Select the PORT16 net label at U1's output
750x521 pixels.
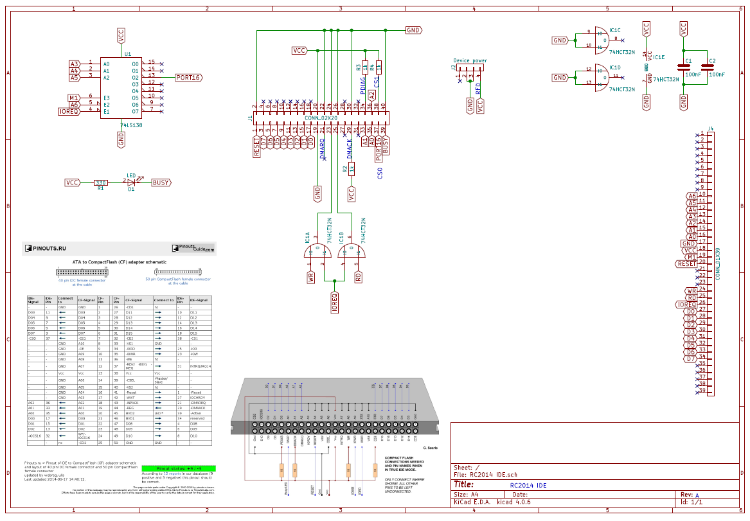pyautogui.click(x=188, y=78)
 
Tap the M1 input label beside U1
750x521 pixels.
pyautogui.click(x=74, y=98)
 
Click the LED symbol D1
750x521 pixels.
pyautogui.click(x=131, y=182)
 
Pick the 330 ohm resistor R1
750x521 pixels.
pyautogui.click(x=101, y=183)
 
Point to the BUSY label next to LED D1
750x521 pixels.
pyautogui.click(x=161, y=183)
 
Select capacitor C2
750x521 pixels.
pyautogui.click(x=708, y=67)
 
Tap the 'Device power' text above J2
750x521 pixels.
pyautogui.click(x=470, y=60)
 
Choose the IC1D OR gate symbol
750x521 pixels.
pyautogui.click(x=601, y=76)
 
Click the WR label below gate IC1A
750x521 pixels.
pyautogui.click(x=311, y=278)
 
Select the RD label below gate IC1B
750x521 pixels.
pyautogui.click(x=358, y=278)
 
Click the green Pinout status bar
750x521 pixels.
pyautogui.click(x=177, y=468)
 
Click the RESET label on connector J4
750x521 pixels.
pyautogui.click(x=686, y=263)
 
